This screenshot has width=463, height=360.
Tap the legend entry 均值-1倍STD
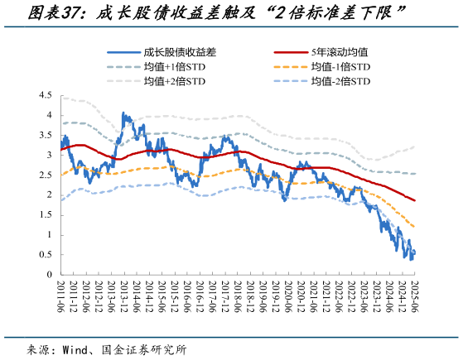point(339,65)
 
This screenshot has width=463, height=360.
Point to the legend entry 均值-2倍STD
point(339,81)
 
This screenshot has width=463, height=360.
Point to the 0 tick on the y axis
point(49,275)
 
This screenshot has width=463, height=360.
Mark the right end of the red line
point(414,200)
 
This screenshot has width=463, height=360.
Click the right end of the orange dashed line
point(414,227)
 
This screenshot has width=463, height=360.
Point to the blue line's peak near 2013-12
point(124,113)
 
